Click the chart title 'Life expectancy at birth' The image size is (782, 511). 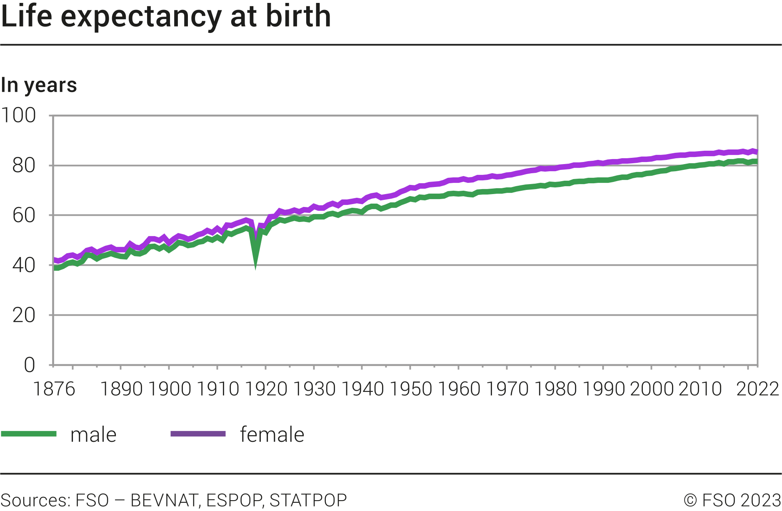(166, 17)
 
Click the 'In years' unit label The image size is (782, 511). (39, 85)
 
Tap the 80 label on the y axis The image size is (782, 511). (24, 166)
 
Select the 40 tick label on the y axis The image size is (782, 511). (24, 265)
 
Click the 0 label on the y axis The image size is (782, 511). (29, 365)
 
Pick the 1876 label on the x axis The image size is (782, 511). (54, 389)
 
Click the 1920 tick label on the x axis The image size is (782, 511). (266, 389)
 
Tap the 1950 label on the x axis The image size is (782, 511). (410, 389)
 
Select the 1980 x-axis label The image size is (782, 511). (555, 389)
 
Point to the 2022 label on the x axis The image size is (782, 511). (757, 389)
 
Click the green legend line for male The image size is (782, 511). (29, 434)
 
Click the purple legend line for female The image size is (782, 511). (198, 434)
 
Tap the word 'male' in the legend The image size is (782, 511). (93, 435)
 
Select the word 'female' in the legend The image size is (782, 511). (272, 435)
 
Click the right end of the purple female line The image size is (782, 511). (757, 152)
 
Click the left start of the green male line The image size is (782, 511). (54, 268)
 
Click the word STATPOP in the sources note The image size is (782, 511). (308, 500)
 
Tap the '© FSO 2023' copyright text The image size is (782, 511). (732, 500)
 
